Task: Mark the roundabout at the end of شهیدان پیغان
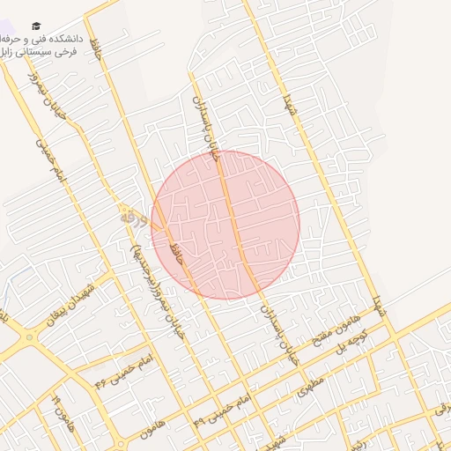click(29, 336)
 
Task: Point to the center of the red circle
click(225, 225)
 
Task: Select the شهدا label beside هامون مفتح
click(378, 306)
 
